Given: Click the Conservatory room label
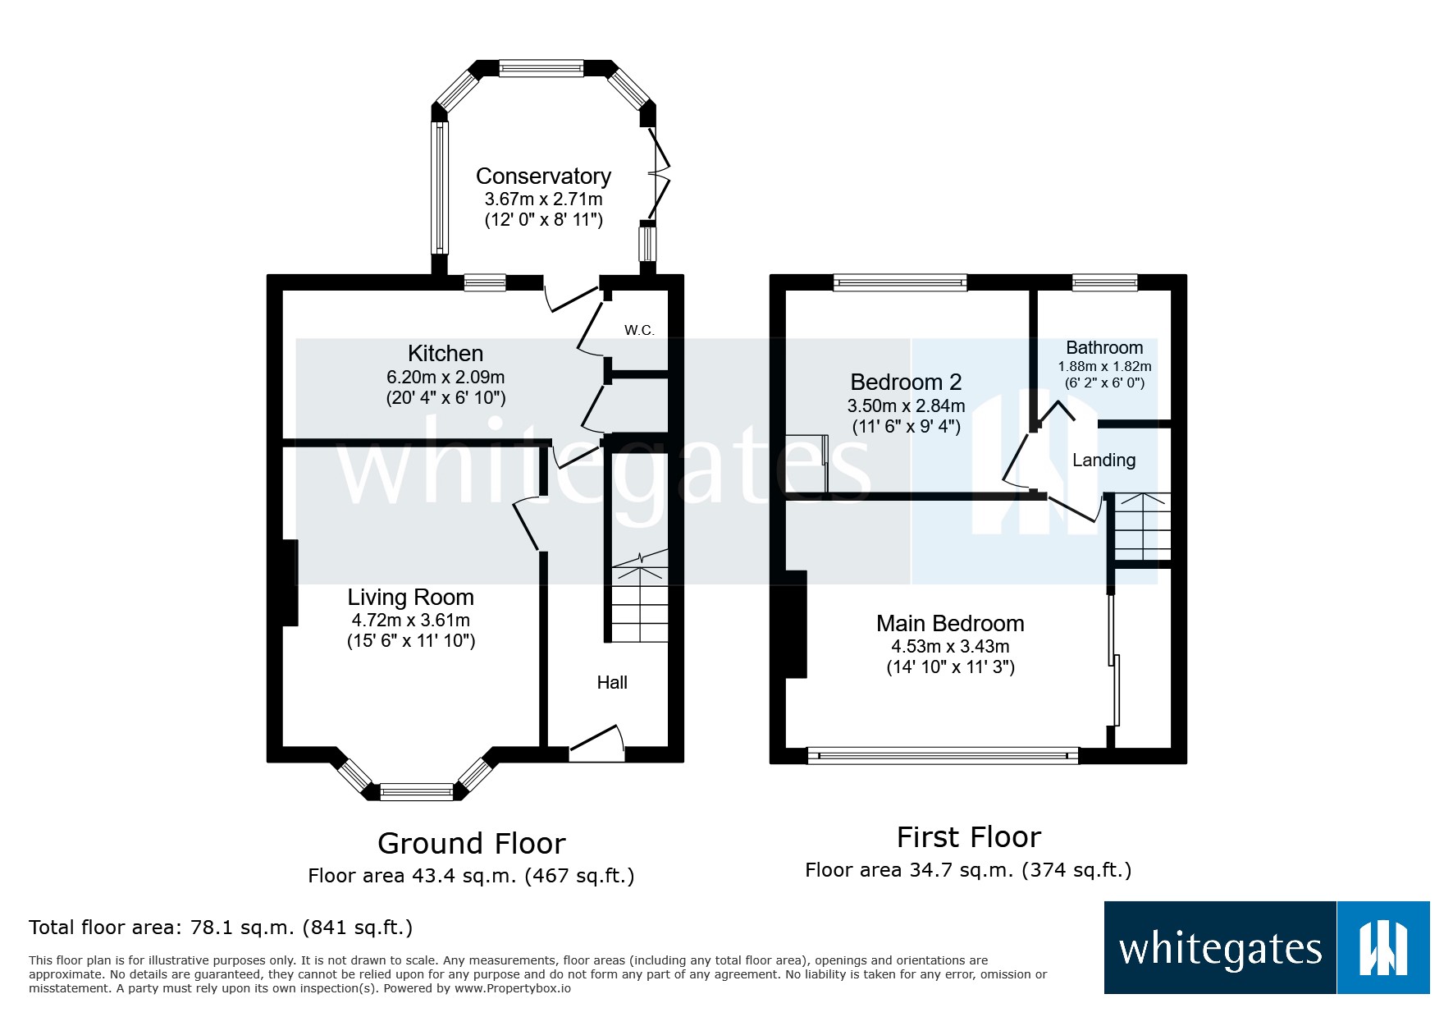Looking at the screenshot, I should pyautogui.click(x=543, y=176).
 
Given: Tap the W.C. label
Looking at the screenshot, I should pyautogui.click(x=639, y=330).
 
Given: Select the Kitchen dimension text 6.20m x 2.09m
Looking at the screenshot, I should pyautogui.click(x=445, y=378).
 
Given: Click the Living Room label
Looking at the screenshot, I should pyautogui.click(x=410, y=597).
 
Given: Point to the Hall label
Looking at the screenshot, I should pyautogui.click(x=612, y=682).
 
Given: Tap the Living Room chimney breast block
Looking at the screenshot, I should pyautogui.click(x=290, y=583).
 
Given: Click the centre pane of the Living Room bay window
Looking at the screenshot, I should pyautogui.click(x=417, y=792).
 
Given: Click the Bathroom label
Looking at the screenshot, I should pyautogui.click(x=1104, y=347).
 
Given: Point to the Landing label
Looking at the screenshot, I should pyautogui.click(x=1103, y=460).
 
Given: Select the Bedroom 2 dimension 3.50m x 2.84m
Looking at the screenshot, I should pyautogui.click(x=906, y=405).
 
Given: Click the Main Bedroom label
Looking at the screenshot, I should pyautogui.click(x=950, y=624).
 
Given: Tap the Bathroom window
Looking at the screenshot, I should pyautogui.click(x=1104, y=282).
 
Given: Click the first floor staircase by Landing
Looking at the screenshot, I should pyautogui.click(x=1141, y=526).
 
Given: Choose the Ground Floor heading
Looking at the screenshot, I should pyautogui.click(x=471, y=843).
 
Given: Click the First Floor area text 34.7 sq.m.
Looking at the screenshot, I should pyautogui.click(x=968, y=870).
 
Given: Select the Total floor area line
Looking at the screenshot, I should pyautogui.click(x=221, y=928).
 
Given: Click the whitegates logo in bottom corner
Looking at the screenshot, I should pyautogui.click(x=1266, y=948).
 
